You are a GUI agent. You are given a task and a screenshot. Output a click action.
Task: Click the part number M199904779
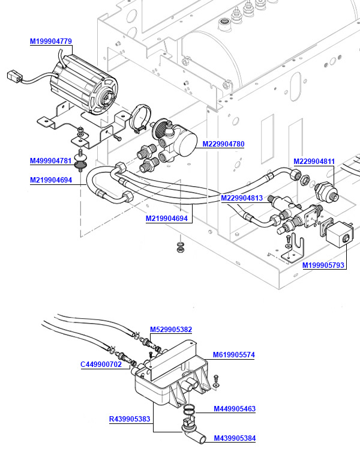(x=51, y=41)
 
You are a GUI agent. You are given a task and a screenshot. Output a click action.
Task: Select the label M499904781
(x=51, y=161)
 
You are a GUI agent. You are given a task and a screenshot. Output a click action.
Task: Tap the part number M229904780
(x=223, y=144)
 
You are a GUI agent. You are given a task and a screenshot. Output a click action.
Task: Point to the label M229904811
(x=314, y=162)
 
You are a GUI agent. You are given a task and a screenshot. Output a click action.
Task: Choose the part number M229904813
(x=242, y=198)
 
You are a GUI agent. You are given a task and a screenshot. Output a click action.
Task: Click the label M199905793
(x=323, y=265)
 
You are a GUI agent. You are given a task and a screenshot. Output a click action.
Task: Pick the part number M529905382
(x=171, y=329)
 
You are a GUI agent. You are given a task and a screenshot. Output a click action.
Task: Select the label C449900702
(x=101, y=364)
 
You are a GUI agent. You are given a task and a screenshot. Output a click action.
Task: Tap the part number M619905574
(x=234, y=355)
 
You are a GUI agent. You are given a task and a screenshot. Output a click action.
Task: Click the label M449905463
(x=235, y=409)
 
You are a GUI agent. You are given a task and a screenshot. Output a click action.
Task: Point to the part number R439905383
(x=130, y=419)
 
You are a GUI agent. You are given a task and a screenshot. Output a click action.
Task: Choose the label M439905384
(x=235, y=438)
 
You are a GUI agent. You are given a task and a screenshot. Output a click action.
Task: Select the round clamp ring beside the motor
(x=141, y=117)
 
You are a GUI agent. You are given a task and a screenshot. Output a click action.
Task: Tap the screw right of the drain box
(x=217, y=380)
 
